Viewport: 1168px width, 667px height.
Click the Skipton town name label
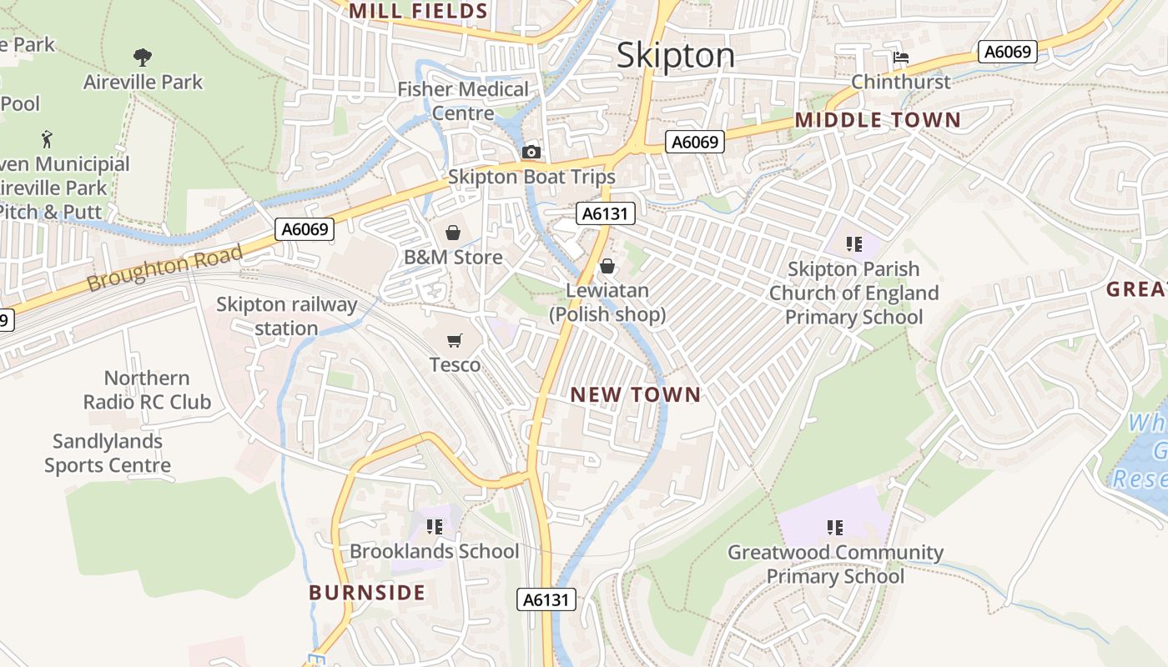tap(676, 56)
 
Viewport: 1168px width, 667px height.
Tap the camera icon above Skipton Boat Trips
tap(531, 152)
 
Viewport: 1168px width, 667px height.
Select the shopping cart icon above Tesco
tap(454, 340)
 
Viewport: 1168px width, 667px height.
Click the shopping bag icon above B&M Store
tap(453, 233)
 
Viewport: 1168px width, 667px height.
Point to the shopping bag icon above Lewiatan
tap(607, 266)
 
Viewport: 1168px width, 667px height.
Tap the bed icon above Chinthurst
tap(900, 58)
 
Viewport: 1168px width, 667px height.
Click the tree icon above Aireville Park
tap(143, 58)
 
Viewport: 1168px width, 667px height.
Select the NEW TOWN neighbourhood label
tap(636, 395)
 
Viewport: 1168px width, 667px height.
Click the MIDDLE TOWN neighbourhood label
tap(878, 120)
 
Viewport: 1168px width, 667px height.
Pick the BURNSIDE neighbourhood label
tap(367, 593)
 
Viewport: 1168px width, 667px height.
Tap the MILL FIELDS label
tap(418, 11)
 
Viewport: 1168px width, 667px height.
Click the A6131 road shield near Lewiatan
tap(605, 214)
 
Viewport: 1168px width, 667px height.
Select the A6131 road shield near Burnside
tap(546, 599)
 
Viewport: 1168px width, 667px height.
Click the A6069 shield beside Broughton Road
tap(305, 229)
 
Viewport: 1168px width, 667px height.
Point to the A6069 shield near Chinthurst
tap(1007, 52)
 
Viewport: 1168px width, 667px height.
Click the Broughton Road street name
tap(164, 268)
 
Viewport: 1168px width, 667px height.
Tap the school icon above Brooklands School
tap(434, 527)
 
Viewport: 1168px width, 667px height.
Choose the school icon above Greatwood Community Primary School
tap(834, 528)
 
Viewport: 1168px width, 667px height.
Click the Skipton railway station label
tap(286, 317)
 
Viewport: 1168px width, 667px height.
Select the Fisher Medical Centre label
tap(463, 101)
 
